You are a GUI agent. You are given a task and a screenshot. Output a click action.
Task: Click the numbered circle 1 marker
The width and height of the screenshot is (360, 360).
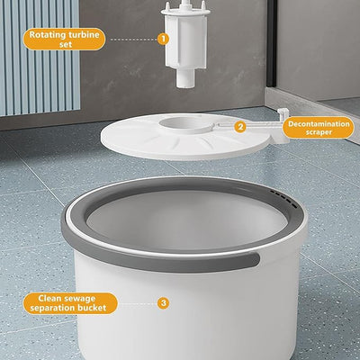click(x=163, y=39)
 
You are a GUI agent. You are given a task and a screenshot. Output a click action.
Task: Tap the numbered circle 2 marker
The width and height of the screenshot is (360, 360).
click(x=240, y=127)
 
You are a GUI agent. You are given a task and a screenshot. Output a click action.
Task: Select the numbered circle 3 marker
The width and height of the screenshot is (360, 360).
click(x=163, y=302)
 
